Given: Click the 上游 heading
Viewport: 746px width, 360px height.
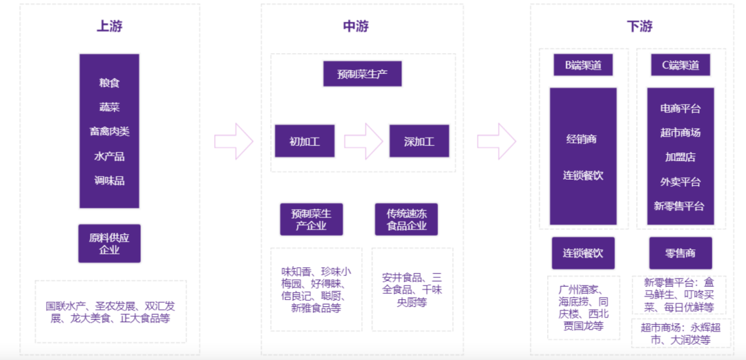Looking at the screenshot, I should (109, 27).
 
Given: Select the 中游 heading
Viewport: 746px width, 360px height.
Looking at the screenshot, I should (356, 27).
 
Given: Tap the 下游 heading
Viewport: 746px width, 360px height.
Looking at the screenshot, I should (639, 27).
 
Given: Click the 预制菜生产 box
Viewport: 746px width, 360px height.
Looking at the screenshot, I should (362, 74).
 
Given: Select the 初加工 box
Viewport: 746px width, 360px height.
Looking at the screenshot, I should (304, 141).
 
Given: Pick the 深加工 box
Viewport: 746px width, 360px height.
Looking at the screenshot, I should (419, 141).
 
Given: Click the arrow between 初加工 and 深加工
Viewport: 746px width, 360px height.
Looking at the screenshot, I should (363, 141).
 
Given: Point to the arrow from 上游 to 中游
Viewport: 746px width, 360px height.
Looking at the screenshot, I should (233, 141).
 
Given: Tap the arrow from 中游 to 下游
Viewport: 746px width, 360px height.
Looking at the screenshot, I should (497, 141).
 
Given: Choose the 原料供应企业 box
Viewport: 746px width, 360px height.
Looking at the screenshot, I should (109, 243).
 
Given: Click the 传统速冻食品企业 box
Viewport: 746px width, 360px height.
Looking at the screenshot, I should (406, 220).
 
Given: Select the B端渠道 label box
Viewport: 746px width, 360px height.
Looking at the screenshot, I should (583, 66).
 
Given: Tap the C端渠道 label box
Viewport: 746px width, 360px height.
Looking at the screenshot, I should (680, 66).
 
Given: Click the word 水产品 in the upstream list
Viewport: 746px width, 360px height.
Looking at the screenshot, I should (109, 156).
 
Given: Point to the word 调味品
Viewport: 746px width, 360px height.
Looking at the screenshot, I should (109, 181).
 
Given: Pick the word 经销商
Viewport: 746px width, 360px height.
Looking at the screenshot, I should (582, 139).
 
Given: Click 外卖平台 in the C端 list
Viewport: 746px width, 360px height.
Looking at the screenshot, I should (680, 182).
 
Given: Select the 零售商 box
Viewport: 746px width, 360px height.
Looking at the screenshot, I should (680, 254).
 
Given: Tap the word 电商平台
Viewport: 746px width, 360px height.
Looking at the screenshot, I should (680, 108).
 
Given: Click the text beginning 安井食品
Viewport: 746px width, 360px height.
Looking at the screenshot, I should (412, 290).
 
